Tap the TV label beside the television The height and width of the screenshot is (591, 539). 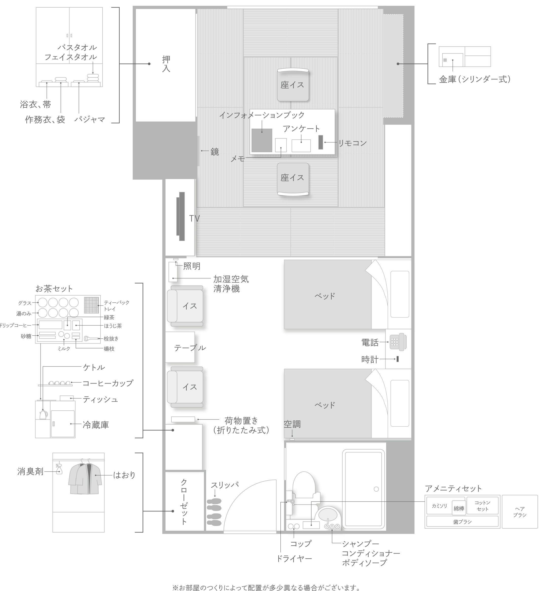coord(194,218)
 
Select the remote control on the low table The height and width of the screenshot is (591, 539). coord(320,142)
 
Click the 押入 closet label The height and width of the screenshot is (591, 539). coord(166,64)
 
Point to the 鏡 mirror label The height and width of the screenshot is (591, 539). coord(214,152)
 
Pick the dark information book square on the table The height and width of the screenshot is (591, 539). coord(262,140)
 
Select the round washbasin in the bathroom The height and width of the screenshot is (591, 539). coord(328,514)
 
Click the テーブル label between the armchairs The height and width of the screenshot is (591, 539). coord(190,348)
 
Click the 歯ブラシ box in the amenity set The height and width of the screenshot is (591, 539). coord(462,522)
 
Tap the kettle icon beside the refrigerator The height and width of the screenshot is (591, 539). coord(43,414)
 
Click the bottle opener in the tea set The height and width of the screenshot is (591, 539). coord(92,339)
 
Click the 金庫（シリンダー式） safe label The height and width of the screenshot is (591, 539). coord(474,79)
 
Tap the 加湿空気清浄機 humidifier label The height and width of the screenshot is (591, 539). coord(231,284)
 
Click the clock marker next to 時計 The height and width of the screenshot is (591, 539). coord(398,359)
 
